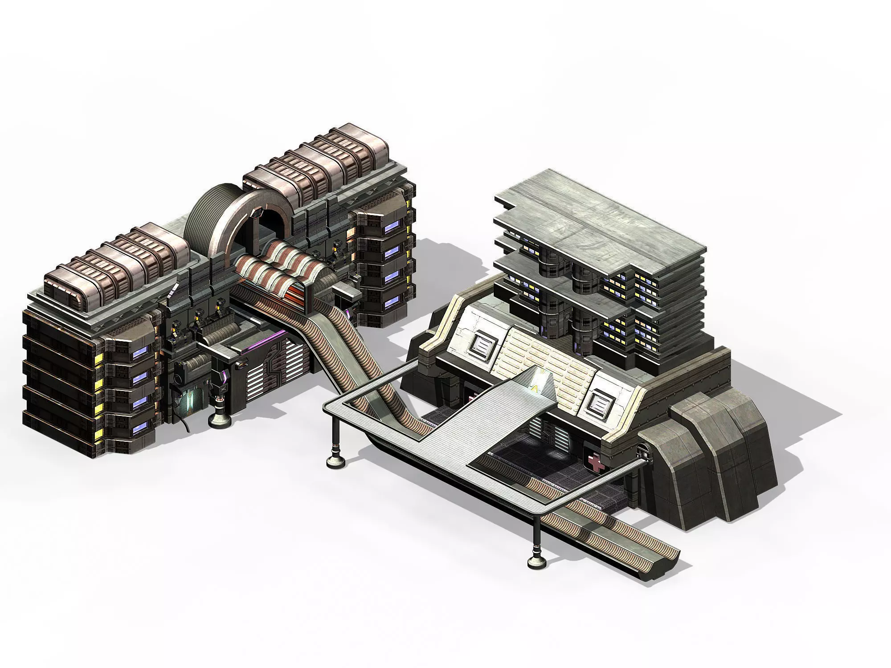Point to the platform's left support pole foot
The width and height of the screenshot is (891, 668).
tap(336, 461)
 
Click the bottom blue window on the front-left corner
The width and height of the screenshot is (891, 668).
tap(139, 430)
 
